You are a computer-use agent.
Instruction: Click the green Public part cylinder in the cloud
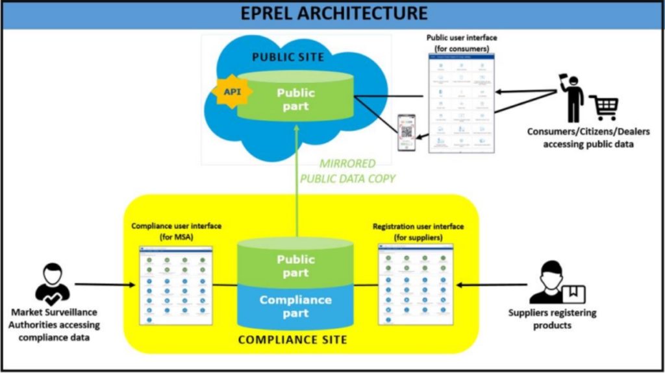tap(295, 99)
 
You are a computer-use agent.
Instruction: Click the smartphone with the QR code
tap(407, 132)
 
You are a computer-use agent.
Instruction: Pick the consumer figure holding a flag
tap(572, 97)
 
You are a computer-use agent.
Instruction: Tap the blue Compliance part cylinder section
tap(295, 306)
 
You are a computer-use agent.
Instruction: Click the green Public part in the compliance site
tap(295, 265)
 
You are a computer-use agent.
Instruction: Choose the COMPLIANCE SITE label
tap(292, 339)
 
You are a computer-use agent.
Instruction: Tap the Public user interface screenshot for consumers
tap(461, 103)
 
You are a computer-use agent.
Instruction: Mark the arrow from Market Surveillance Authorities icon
tap(104, 284)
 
